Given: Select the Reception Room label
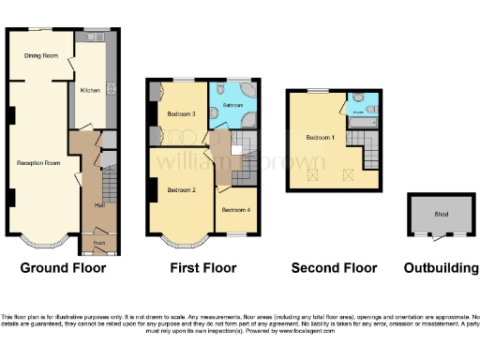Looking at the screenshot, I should pyautogui.click(x=38, y=163).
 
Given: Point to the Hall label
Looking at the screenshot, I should pyautogui.click(x=98, y=203).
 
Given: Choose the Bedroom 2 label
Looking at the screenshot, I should pyautogui.click(x=180, y=190).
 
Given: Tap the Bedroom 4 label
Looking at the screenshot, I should pyautogui.click(x=235, y=209).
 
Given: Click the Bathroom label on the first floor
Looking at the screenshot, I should pyautogui.click(x=233, y=105).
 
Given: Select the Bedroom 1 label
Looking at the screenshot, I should pyautogui.click(x=319, y=138).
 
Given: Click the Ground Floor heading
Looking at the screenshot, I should pyautogui.click(x=63, y=268).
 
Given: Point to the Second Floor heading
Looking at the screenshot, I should pyautogui.click(x=334, y=268).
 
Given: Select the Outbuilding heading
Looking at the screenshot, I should pyautogui.click(x=441, y=268).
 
